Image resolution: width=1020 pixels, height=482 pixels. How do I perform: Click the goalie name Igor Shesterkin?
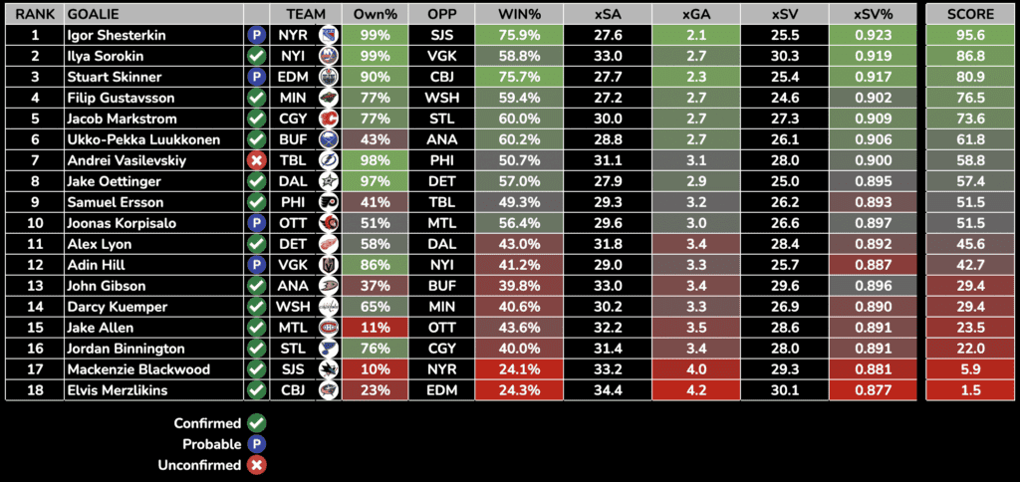[115, 35]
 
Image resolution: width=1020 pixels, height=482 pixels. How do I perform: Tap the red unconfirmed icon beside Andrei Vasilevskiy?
[256, 160]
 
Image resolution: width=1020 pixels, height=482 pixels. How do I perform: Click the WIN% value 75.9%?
[517, 35]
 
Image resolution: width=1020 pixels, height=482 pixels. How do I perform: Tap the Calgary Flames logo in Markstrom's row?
[328, 119]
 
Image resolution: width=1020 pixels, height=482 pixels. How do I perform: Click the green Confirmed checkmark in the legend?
[256, 423]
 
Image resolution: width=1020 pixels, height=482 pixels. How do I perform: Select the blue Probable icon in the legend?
[256, 444]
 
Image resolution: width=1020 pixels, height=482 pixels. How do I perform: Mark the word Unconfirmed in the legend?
[199, 465]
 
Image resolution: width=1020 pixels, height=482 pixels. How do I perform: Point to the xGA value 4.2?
[696, 390]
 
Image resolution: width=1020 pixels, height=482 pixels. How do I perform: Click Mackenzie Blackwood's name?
[138, 369]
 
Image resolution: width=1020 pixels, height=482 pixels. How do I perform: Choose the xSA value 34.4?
[607, 390]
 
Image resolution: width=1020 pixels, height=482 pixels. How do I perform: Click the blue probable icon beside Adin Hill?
[256, 265]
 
